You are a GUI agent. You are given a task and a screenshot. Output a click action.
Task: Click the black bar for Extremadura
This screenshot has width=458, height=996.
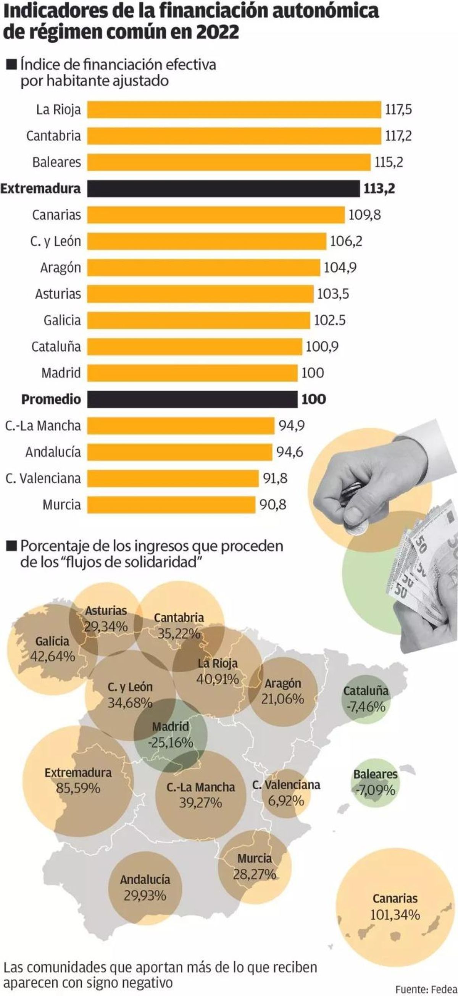223,189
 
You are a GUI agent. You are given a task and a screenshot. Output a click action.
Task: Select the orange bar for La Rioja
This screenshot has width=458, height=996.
234,110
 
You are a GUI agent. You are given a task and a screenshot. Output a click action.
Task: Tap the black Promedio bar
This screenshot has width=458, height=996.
192,399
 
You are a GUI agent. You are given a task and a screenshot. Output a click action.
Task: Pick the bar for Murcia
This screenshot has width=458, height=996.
171,505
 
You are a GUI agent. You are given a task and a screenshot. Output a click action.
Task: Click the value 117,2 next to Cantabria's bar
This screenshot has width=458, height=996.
398,136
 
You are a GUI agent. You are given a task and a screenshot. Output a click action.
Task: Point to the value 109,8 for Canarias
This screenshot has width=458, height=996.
364,215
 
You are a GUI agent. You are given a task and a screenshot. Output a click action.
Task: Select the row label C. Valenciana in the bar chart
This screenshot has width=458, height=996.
43,479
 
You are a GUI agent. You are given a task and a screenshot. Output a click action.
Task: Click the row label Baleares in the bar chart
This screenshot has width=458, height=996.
56,162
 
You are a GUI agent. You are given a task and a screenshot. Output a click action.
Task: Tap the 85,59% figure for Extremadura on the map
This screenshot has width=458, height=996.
78,788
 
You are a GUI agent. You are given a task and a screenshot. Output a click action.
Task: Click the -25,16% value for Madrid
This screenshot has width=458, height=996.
171,743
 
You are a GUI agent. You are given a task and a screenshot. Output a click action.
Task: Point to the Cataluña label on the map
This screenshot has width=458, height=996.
366,691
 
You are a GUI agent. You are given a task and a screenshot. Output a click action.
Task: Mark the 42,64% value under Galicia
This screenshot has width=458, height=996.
53,656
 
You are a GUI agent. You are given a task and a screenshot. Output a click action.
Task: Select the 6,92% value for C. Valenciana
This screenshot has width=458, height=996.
286,801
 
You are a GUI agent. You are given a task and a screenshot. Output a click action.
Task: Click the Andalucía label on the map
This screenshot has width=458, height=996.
145,879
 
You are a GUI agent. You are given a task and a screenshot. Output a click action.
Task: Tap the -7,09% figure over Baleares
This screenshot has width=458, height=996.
375,790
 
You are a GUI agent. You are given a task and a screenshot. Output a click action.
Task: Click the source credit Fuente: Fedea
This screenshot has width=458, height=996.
426,989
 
